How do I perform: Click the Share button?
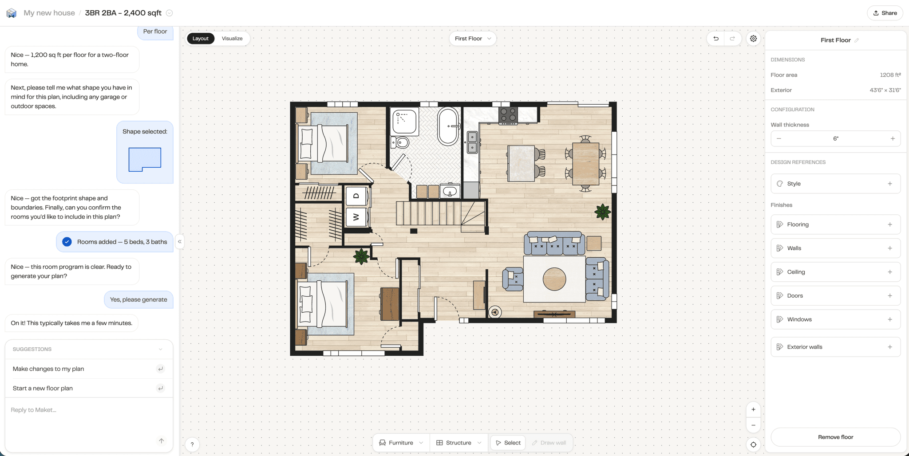coord(885,13)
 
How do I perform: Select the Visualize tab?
coord(232,39)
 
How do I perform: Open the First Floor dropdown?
coord(473,39)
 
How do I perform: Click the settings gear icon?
coord(753,39)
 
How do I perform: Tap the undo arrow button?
coord(715,39)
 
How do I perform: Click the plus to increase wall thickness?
coord(893,139)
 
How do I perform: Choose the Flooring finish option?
coord(835,224)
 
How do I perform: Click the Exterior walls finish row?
coord(835,347)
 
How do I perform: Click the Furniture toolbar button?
coord(401,443)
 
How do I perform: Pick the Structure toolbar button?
coord(458,443)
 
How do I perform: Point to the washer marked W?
coord(356,217)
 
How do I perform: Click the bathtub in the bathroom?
coord(448,126)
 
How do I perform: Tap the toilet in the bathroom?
coord(400,142)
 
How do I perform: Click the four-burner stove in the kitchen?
coord(508,115)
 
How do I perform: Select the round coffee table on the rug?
coord(554,279)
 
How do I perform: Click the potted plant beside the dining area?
coord(602,212)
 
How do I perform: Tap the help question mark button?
coord(192,444)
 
